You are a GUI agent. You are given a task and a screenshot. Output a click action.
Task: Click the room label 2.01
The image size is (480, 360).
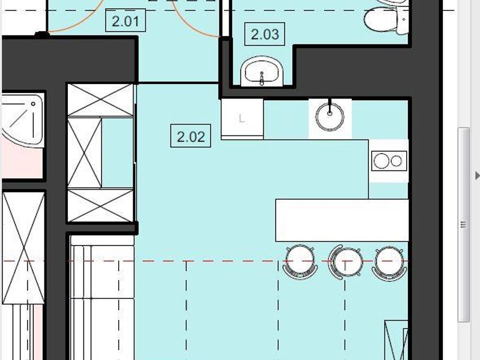pos(125,20)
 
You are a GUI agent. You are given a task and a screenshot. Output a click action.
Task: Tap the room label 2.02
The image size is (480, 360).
pos(191,136)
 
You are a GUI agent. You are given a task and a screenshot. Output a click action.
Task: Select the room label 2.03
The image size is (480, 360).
pos(265,34)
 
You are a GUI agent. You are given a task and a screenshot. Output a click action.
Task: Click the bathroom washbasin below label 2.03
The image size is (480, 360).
pos(262,71)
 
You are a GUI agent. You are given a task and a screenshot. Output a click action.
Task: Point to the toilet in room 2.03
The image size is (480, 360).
pos(386,17)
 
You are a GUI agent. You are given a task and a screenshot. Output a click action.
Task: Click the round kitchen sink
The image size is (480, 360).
pos(329,117)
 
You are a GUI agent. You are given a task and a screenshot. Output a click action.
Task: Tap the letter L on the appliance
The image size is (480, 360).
pos(242,118)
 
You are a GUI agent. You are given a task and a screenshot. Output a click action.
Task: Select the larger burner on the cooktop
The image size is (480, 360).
pos(382,161)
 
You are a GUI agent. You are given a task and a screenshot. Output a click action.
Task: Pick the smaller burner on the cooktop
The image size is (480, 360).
pos(396,161)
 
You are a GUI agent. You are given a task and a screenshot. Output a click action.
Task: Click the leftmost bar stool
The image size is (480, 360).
pos(300,262)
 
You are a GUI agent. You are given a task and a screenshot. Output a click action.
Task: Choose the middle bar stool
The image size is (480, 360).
pos(346,262)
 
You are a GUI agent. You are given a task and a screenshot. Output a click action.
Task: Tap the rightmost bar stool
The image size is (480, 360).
pos(389,263)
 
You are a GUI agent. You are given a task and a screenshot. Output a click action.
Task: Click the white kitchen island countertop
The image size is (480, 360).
pos(342,220)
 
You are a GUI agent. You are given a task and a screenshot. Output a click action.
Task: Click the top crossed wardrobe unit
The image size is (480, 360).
pos(100,100)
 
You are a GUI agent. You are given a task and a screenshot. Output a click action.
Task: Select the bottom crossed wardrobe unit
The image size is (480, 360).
pos(100,205)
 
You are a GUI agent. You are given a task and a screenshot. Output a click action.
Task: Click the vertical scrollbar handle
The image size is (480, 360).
pos(463,224)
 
